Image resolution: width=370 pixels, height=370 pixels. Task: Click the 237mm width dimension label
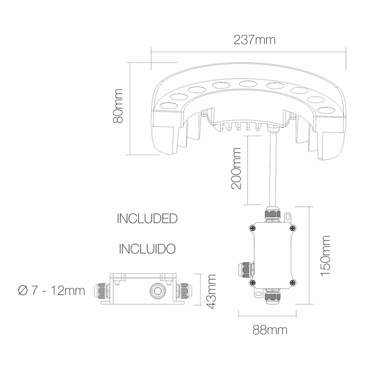[255, 40]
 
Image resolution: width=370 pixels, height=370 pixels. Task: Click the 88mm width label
[270, 330]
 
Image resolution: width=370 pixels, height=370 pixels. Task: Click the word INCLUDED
[147, 218]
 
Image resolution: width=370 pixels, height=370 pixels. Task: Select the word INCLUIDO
[147, 249]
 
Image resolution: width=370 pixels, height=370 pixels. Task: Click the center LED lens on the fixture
[248, 85]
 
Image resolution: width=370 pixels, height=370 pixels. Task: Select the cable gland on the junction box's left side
[243, 268]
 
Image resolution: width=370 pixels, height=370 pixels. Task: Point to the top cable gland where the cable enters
[272, 214]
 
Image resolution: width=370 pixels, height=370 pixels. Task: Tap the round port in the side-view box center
[156, 290]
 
